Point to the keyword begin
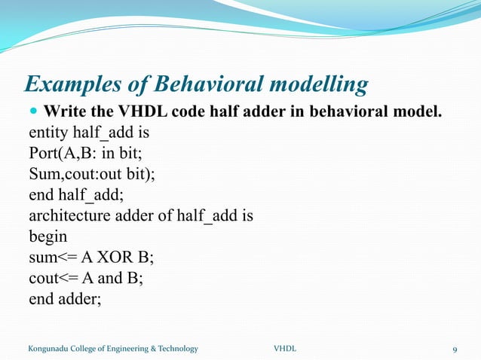[47, 236]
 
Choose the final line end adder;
[64, 297]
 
